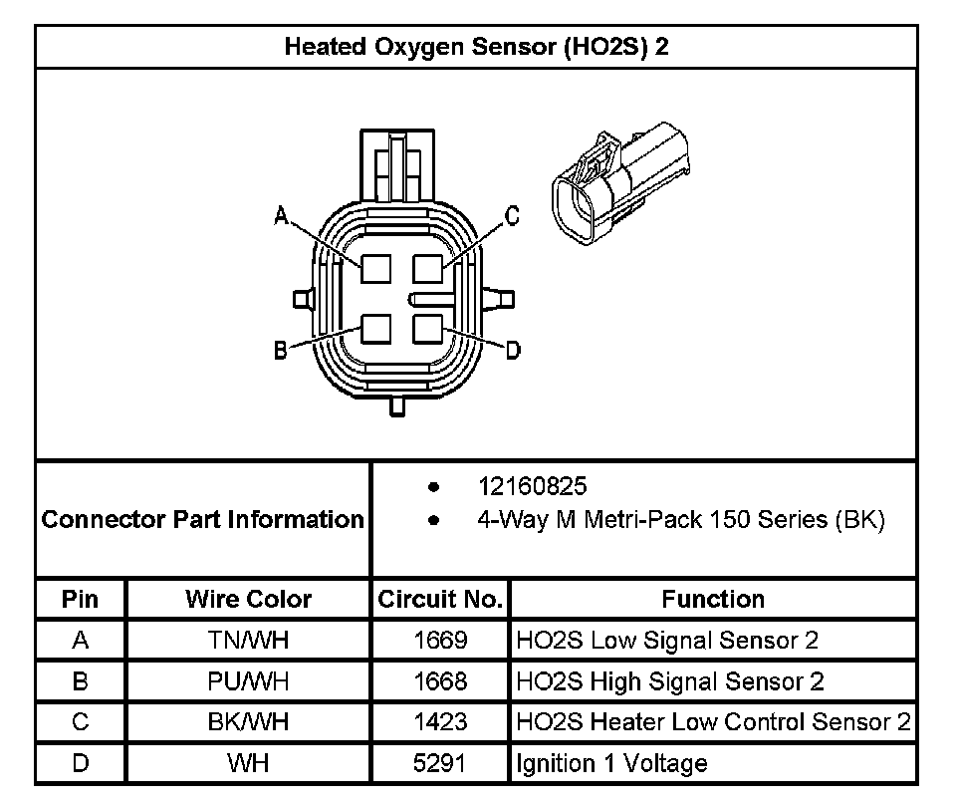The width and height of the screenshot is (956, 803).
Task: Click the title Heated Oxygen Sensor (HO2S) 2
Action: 476,47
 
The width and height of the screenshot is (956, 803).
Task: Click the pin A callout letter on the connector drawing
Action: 282,215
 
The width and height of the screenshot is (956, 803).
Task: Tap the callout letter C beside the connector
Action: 512,215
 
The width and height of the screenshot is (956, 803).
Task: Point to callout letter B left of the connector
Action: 282,350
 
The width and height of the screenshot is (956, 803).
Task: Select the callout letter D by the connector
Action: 512,350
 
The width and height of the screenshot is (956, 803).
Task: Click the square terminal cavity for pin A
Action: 375,267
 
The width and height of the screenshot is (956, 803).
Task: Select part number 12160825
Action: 533,486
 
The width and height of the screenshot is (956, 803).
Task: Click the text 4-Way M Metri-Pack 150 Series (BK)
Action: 681,519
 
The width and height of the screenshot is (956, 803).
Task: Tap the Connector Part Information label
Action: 203,519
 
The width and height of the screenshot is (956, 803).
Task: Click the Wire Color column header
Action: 248,600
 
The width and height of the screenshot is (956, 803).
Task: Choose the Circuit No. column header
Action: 439,600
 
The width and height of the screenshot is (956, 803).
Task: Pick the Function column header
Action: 713,600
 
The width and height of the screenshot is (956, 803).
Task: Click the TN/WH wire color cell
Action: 248,641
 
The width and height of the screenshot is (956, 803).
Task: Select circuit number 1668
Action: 439,681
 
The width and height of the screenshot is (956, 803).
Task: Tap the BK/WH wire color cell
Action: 248,722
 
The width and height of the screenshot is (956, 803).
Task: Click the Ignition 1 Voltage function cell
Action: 611,764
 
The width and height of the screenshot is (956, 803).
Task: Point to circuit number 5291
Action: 439,764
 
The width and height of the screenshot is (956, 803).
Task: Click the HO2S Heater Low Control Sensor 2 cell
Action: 713,722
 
